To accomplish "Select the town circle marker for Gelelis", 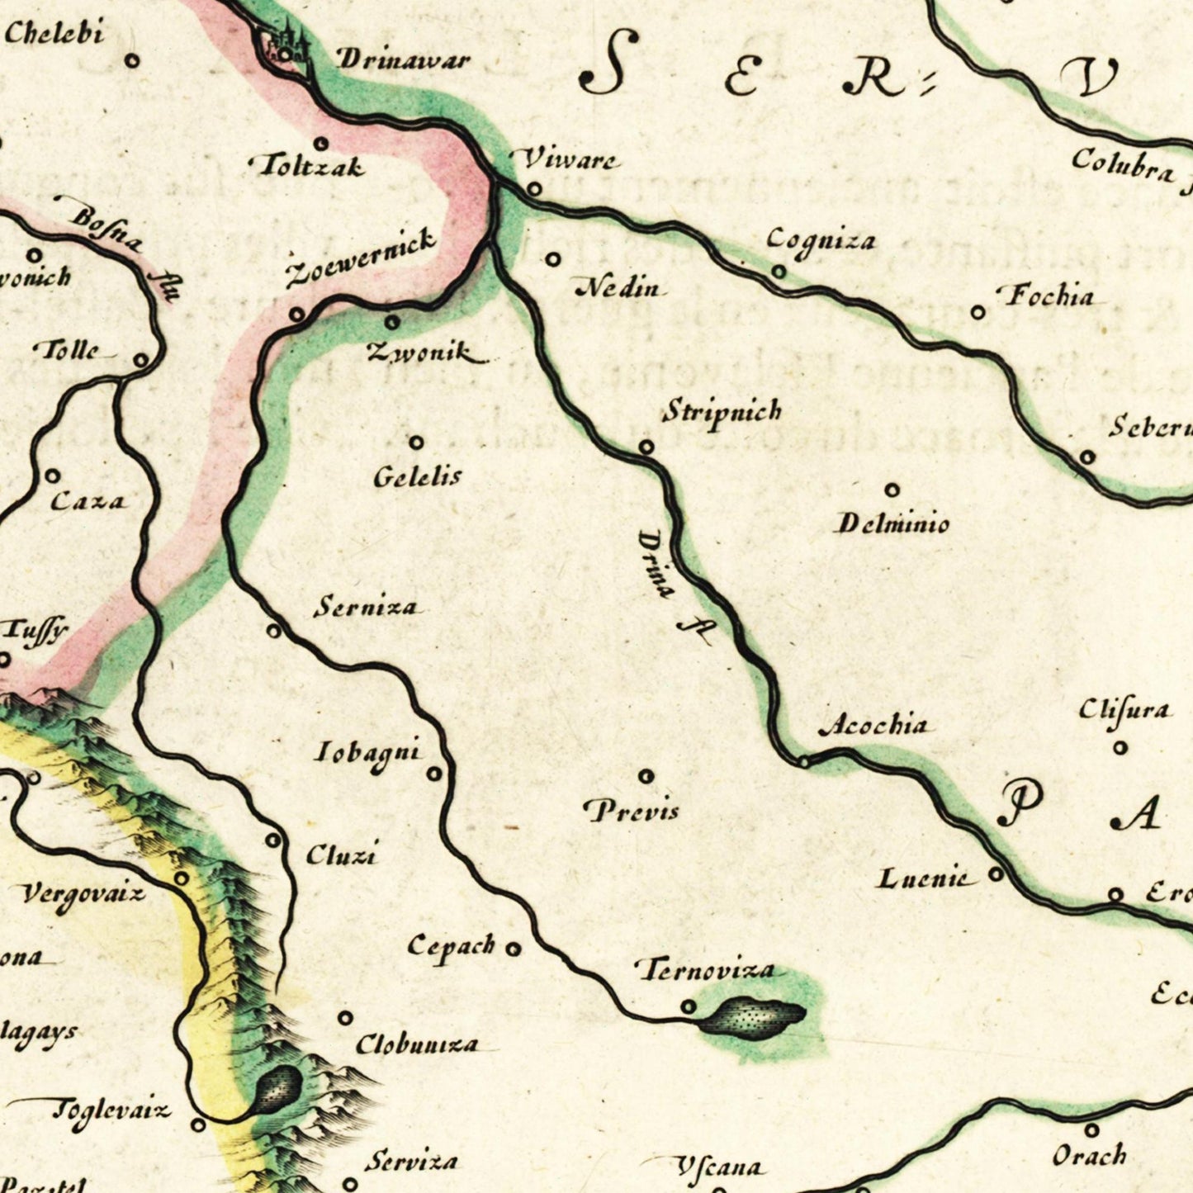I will pyautogui.click(x=416, y=443).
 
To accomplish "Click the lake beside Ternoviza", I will pyautogui.click(x=752, y=1015).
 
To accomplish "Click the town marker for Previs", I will pyautogui.click(x=646, y=776).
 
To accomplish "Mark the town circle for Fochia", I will pyautogui.click(x=978, y=312).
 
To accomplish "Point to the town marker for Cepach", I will pyautogui.click(x=514, y=949).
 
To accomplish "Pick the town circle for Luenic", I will pyautogui.click(x=997, y=873).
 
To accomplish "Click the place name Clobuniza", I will pyautogui.click(x=416, y=1044).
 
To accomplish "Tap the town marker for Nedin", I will pyautogui.click(x=553, y=259).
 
